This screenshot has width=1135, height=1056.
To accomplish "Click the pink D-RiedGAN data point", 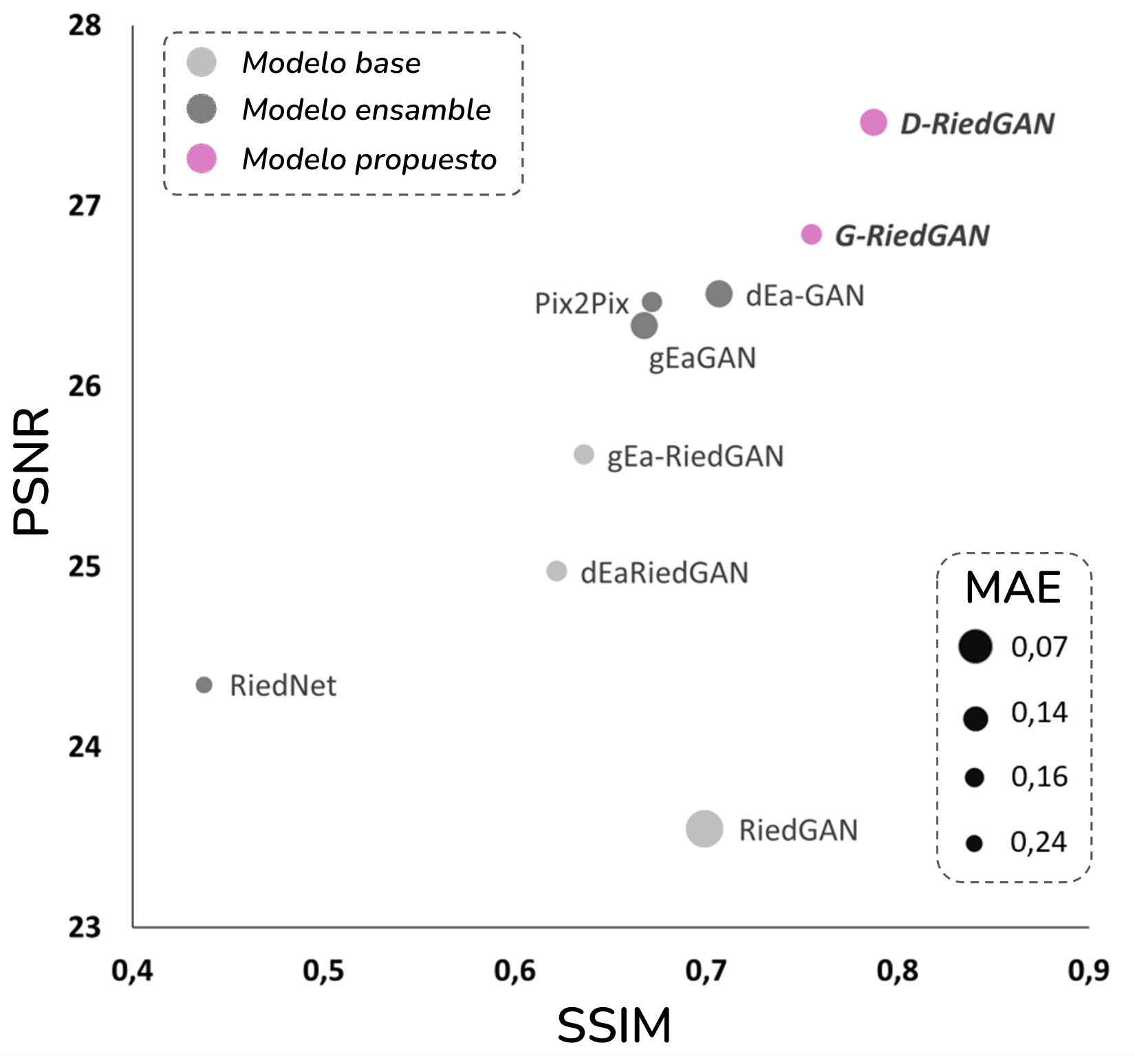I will [873, 123].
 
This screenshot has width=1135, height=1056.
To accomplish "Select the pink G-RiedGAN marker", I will [812, 234].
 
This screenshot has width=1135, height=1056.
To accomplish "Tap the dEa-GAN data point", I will [719, 294].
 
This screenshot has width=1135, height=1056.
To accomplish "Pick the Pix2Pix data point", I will [652, 302].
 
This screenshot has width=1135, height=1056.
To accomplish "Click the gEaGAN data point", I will [644, 326].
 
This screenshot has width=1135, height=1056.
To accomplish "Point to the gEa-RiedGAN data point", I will [584, 454].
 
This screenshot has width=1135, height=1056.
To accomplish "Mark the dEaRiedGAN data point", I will [556, 571].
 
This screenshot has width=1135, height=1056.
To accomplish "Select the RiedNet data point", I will [204, 685].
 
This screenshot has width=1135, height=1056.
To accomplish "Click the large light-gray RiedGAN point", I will [704, 828].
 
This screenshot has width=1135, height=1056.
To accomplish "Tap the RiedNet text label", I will [283, 686].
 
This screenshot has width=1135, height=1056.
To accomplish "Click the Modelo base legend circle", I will [202, 62].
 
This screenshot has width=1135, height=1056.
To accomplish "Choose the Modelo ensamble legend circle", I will [202, 109].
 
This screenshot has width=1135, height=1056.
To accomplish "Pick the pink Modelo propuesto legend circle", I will [202, 158].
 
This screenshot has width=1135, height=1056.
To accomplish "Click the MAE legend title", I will [1013, 588].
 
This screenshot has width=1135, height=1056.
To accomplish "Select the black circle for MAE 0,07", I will [975, 646].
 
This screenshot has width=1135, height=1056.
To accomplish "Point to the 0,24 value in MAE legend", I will [1038, 842].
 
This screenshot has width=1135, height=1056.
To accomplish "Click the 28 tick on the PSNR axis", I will [85, 26].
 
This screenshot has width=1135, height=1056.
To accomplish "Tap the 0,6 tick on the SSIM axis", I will [515, 971].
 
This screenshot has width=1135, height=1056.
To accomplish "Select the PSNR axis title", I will [32, 472].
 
